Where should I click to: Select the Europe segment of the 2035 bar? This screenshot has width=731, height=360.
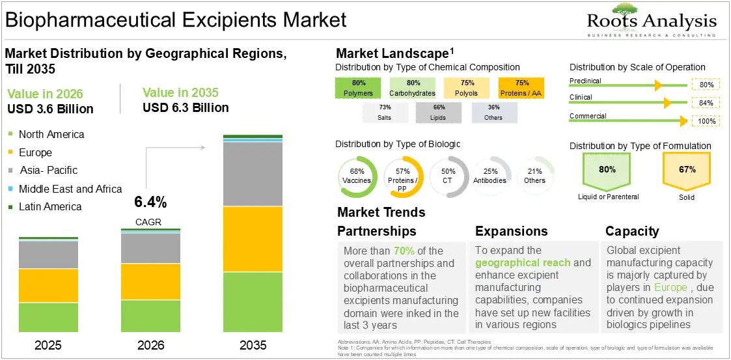pos(253,239)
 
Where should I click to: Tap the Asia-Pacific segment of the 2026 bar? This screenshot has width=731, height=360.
pos(150,248)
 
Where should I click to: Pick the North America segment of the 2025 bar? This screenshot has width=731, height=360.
pos(48,317)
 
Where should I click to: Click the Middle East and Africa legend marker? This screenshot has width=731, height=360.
pos(10,189)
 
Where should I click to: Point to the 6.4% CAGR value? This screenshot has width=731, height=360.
pos(150,202)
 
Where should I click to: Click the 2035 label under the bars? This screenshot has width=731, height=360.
pos(253,345)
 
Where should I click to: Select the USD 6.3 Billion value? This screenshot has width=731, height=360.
pos(186,107)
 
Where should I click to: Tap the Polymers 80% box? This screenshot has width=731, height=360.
pos(358,88)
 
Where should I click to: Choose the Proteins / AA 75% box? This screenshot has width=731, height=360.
pos(521,88)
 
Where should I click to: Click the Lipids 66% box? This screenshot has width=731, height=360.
pos(438,113)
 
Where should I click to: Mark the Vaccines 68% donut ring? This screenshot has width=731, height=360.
pos(357,176)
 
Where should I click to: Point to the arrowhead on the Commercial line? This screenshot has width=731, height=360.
pos(683,121)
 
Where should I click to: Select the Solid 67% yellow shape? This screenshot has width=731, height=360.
pos(686,172)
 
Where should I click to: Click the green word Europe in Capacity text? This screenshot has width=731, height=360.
pos(670,287)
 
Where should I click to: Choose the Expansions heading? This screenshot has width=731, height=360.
pos(512,231)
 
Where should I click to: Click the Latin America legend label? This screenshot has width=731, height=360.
pos(50,206)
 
